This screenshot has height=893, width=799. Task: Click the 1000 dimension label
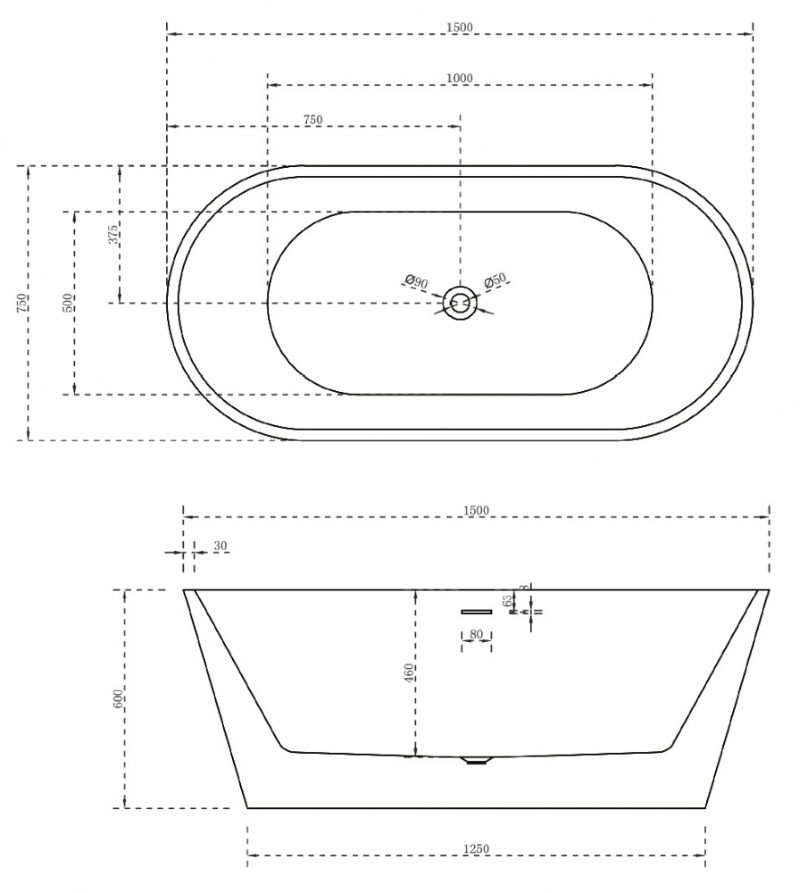[x=459, y=79]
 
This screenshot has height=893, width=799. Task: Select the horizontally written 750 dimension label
[x=312, y=120]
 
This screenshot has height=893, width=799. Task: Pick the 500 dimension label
[x=68, y=302]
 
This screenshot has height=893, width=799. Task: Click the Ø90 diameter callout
[x=417, y=283]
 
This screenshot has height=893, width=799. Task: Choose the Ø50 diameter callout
[x=495, y=281]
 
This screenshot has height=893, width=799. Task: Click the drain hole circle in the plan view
[x=461, y=303]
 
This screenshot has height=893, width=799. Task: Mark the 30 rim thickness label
[x=221, y=547]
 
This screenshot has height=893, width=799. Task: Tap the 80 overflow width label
[x=476, y=635]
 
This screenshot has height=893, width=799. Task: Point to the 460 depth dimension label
[x=409, y=673]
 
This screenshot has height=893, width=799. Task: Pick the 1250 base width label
[x=476, y=849]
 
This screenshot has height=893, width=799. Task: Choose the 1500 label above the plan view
[x=459, y=28]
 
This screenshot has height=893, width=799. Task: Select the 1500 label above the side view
[x=476, y=511]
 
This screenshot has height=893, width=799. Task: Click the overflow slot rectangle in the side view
[x=476, y=612]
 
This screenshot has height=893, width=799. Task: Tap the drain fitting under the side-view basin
[x=476, y=762]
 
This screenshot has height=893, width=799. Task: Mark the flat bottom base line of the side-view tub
[x=476, y=808]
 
